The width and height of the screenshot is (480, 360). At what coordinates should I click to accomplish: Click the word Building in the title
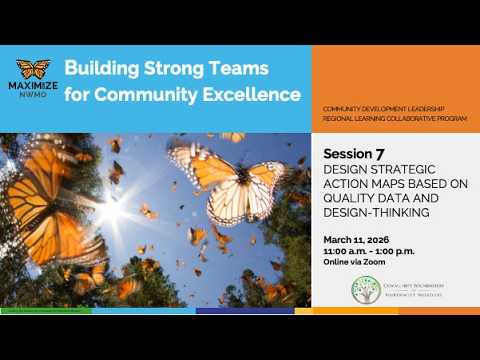coord(105,69)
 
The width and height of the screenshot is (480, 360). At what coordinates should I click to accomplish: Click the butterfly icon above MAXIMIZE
coord(33,70)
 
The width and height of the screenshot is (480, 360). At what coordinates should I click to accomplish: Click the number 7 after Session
coord(380,154)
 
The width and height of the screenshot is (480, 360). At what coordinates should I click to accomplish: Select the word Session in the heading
coord(346,155)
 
